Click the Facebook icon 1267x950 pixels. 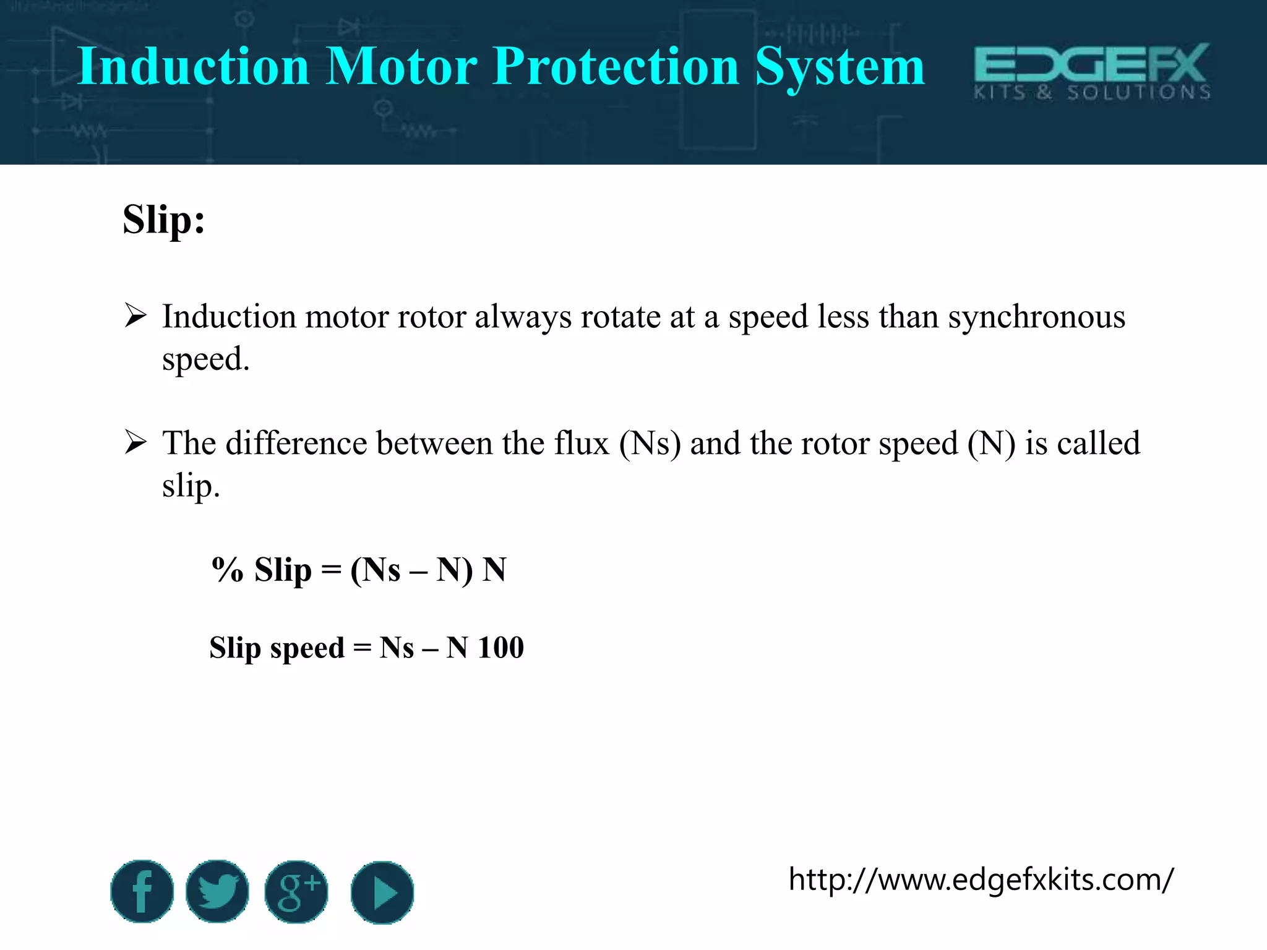[x=142, y=891]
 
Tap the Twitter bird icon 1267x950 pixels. [x=217, y=891]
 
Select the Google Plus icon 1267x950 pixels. [x=296, y=891]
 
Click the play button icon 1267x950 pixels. [x=382, y=892]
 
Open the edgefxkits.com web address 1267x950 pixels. [x=981, y=879]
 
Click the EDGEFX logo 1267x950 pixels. [x=1092, y=71]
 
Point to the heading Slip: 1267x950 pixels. [x=164, y=220]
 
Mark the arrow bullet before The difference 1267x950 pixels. [x=135, y=442]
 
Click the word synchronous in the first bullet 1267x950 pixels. [x=1036, y=317]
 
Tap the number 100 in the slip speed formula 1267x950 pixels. [x=500, y=648]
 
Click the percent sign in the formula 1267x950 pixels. [x=228, y=570]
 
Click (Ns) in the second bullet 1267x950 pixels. [x=650, y=444]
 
